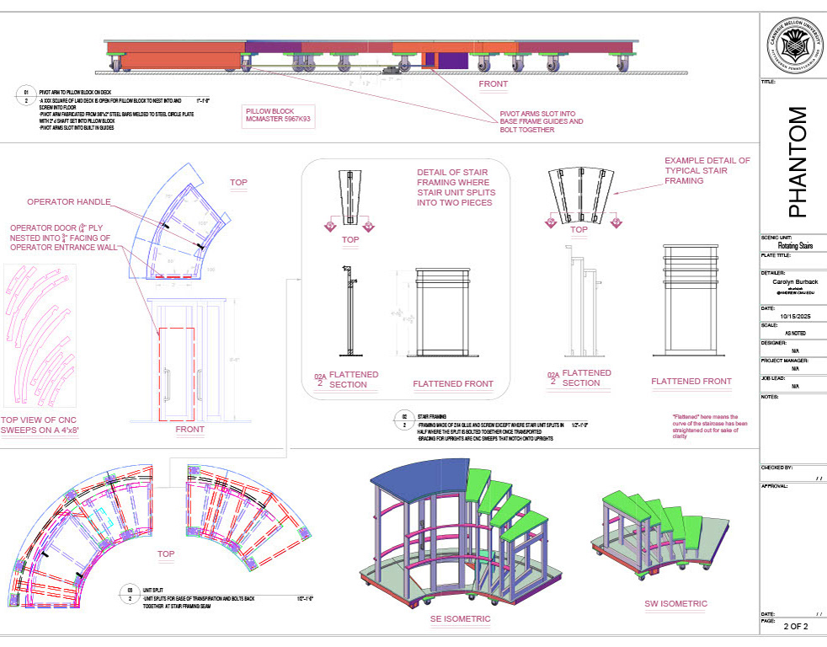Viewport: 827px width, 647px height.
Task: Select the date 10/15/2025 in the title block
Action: pyautogui.click(x=792, y=315)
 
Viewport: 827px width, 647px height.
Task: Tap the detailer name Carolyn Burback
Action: pyautogui.click(x=792, y=283)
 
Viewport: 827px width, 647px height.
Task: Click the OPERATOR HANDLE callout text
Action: pyautogui.click(x=67, y=202)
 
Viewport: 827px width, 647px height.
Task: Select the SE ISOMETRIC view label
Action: pyautogui.click(x=457, y=619)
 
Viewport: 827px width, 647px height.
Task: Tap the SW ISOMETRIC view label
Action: pyautogui.click(x=675, y=603)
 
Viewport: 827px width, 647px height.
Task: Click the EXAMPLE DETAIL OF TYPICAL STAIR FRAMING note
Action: pyautogui.click(x=707, y=171)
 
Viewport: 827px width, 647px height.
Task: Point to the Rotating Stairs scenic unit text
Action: pyautogui.click(x=792, y=246)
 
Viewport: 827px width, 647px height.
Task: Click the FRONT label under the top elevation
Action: pyautogui.click(x=494, y=85)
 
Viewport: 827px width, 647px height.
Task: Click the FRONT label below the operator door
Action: pyautogui.click(x=189, y=430)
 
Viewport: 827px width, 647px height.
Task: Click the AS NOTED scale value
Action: pyautogui.click(x=793, y=333)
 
